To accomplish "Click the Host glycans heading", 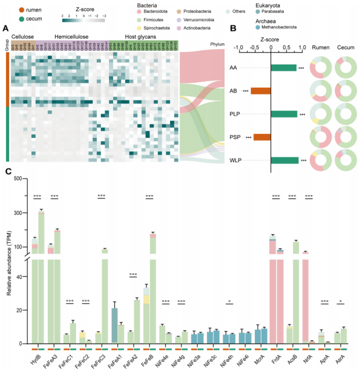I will (137, 36).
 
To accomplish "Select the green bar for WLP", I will (284, 160).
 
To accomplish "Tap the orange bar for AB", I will (260, 91).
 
